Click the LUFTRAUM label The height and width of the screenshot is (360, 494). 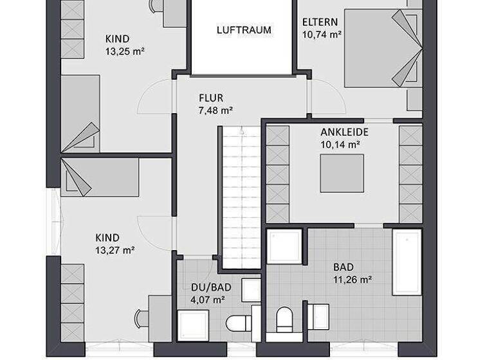[x=244, y=30]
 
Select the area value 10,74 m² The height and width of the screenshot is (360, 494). [x=322, y=35]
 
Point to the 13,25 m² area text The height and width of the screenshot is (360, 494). [x=125, y=51]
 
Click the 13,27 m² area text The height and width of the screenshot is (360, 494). [x=115, y=251]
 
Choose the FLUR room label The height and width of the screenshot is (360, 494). [x=211, y=98]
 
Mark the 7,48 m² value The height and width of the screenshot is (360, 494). [x=215, y=111]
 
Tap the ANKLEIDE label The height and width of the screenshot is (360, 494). [x=344, y=132]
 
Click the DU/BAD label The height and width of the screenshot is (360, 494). [x=207, y=287]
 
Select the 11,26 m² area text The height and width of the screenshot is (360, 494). [x=353, y=280]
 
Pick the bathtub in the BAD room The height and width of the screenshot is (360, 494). [x=407, y=261]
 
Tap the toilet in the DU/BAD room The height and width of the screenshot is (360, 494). [x=239, y=323]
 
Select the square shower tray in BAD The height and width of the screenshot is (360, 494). [x=284, y=246]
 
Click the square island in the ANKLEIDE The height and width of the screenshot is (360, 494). [x=342, y=173]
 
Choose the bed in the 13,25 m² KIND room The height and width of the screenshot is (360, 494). [x=80, y=113]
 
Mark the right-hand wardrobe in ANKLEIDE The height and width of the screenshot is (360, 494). [x=410, y=174]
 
